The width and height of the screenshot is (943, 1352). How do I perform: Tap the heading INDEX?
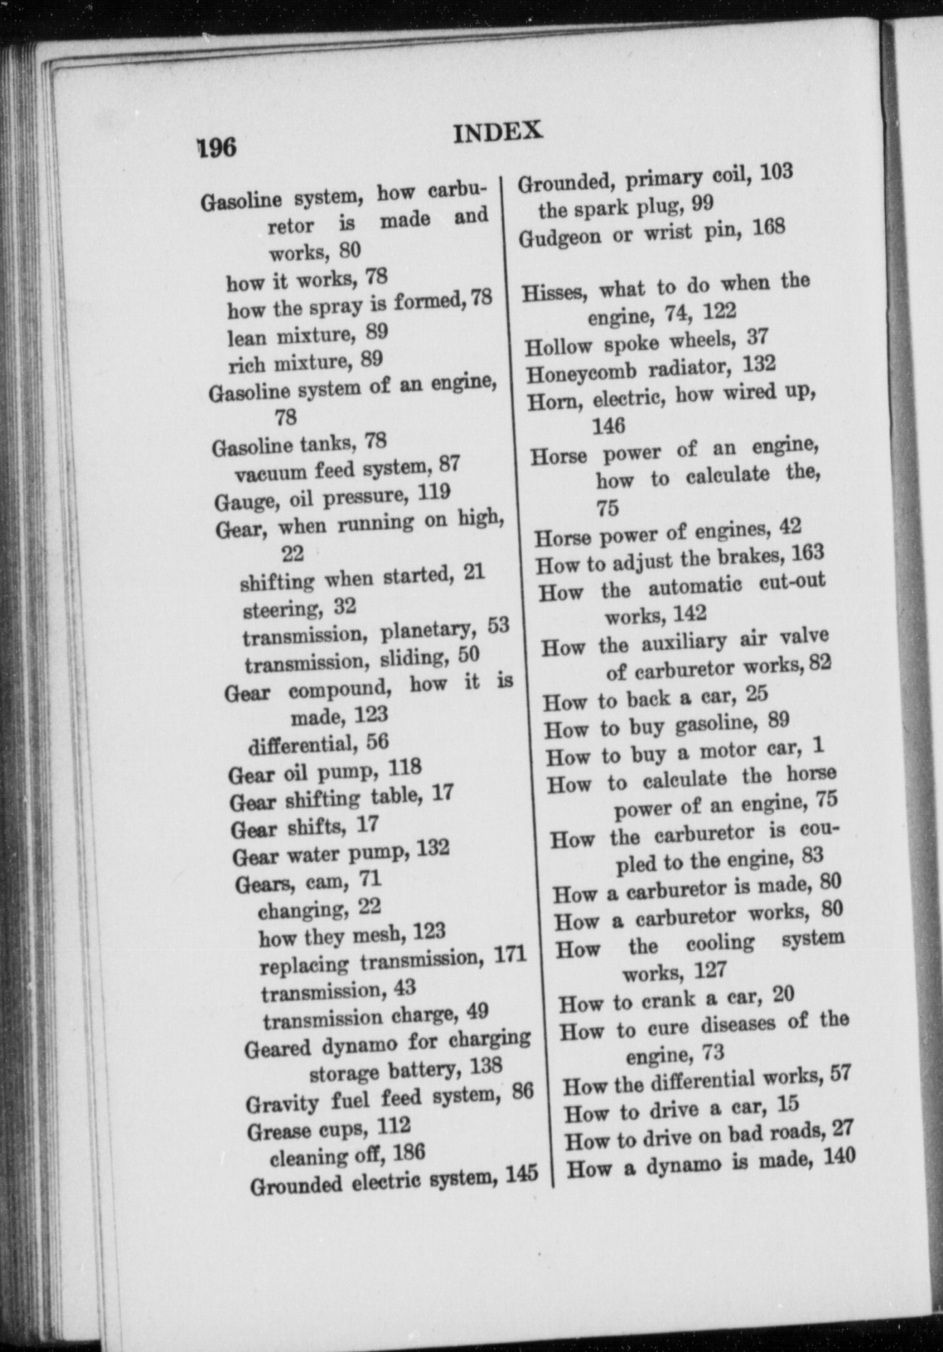498,131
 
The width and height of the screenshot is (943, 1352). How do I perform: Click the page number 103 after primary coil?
776,172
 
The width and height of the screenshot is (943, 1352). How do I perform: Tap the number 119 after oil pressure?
433,493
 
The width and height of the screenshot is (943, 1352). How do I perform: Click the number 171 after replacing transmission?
510,954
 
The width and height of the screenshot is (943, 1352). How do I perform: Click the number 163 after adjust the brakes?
808,553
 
